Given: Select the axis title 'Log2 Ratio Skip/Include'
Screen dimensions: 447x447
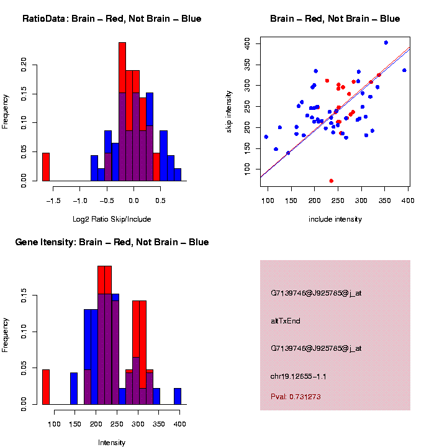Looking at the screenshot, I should click(x=112, y=219).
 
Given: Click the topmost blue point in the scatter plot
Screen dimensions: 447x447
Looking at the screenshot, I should click(x=386, y=43).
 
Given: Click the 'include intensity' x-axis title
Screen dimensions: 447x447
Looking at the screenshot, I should click(x=335, y=219).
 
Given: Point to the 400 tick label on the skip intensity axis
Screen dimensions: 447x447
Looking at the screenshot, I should click(x=246, y=43).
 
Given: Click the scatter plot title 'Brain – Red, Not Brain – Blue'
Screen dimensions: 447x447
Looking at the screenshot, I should click(x=335, y=19).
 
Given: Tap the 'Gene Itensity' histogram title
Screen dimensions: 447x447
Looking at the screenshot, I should click(x=112, y=242).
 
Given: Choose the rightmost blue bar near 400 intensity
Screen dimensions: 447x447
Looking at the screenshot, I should click(x=178, y=397).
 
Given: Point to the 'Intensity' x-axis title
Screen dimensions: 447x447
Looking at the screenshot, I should click(x=112, y=443).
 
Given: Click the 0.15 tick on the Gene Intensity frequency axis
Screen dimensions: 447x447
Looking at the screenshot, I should click(x=24, y=298).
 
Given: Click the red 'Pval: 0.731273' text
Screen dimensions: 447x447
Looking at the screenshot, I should click(x=296, y=396).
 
